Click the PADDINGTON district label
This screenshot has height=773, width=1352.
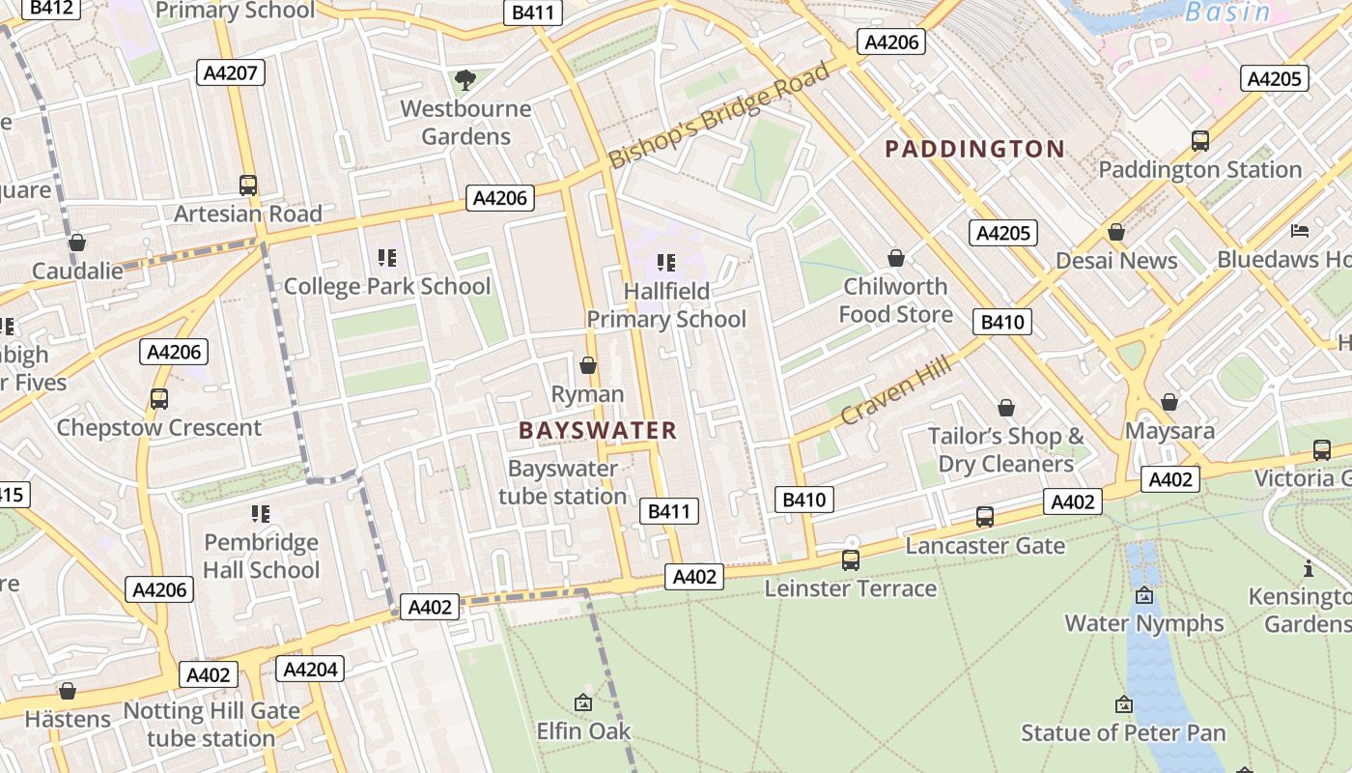click(974, 149)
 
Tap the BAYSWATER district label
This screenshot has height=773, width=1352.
click(598, 431)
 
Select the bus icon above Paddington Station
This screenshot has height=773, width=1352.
click(1199, 141)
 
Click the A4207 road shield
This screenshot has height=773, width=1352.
click(231, 72)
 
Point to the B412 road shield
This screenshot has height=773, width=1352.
click(52, 8)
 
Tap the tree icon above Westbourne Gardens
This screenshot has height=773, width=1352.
click(465, 79)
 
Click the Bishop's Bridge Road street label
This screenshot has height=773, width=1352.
click(719, 115)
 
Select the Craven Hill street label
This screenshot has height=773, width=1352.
click(895, 390)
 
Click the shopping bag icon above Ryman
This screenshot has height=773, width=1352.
click(587, 365)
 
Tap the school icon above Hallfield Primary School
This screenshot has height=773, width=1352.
click(665, 262)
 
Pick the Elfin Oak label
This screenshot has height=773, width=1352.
click(583, 730)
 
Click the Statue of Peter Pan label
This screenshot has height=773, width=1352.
click(1123, 732)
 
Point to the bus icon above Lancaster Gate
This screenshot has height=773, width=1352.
click(984, 517)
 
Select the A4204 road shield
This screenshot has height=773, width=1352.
click(310, 669)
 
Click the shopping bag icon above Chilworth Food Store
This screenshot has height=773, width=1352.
click(895, 258)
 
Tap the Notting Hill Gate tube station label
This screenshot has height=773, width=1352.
click(211, 725)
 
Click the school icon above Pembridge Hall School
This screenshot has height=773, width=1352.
click(260, 513)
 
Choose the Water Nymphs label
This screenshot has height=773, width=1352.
click(1143, 623)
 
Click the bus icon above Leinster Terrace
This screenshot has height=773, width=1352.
click(850, 559)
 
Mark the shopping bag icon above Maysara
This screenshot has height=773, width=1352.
click(1169, 401)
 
